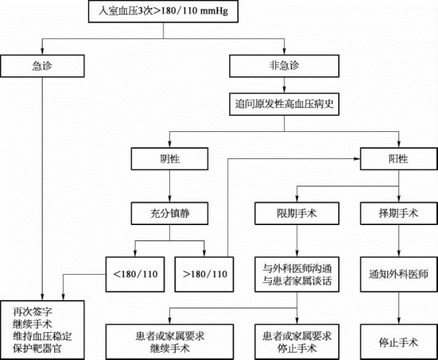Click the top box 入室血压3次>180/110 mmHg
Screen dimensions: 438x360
click(163, 11)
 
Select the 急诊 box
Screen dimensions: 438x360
click(42, 66)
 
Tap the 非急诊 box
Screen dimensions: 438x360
click(284, 66)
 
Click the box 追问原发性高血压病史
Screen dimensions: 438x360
click(284, 104)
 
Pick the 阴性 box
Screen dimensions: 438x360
click(169, 159)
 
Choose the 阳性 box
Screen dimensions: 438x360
click(398, 159)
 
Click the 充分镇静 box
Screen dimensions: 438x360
click(169, 213)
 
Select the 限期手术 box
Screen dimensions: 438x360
click(297, 213)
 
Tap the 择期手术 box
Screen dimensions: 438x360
click(398, 213)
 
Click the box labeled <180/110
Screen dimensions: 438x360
click(136, 274)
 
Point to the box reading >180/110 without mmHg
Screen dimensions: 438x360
click(204, 274)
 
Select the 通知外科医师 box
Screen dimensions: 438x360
click(398, 274)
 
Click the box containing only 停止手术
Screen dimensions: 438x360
click(398, 342)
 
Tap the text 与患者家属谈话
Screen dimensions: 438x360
click(297, 281)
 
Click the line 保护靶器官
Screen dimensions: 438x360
click(37, 348)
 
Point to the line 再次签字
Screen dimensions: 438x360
click(32, 312)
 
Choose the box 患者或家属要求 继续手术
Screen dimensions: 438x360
click(169, 342)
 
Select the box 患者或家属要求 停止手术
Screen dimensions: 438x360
click(297, 342)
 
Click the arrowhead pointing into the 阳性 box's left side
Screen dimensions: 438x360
click(357, 159)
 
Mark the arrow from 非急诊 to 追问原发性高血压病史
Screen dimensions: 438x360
click(284, 85)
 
